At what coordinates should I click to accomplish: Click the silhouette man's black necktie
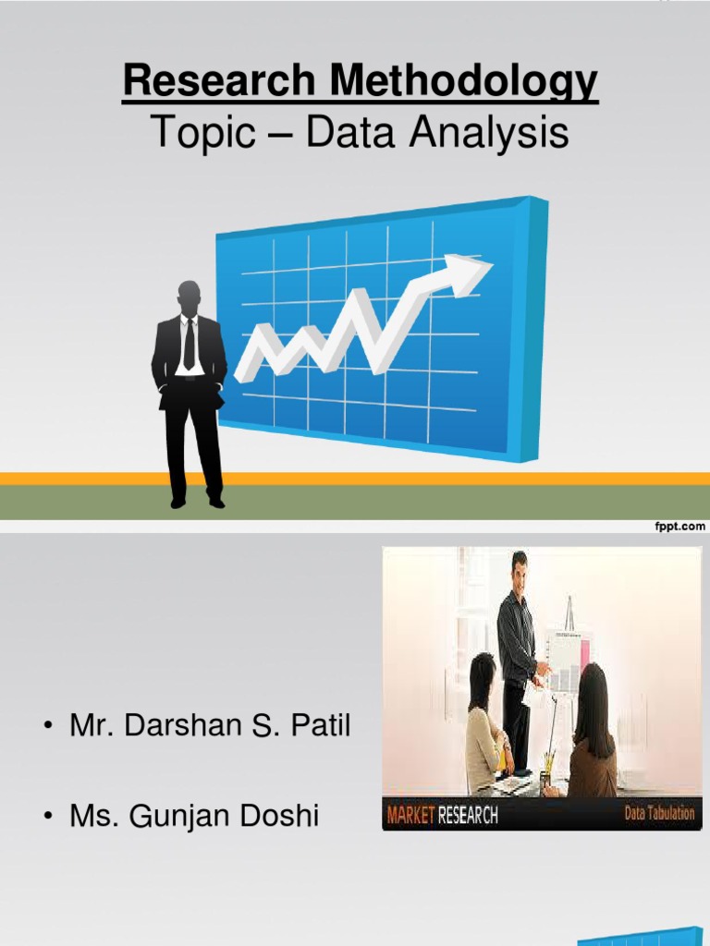190,345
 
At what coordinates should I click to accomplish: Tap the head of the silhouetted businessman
190,297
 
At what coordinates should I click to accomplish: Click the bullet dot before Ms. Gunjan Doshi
46,817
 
